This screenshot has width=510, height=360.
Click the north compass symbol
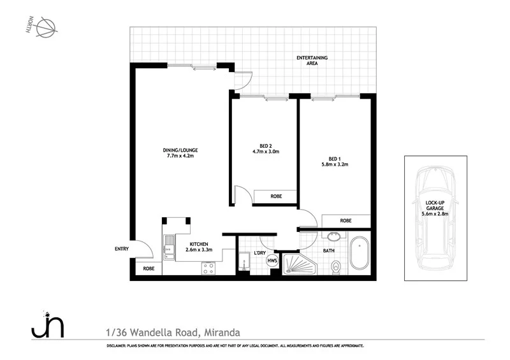[x=47, y=28]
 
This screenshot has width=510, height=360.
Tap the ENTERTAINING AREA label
[x=312, y=61]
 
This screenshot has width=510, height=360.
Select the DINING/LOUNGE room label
[x=180, y=153]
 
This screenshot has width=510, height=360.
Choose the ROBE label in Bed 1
[x=346, y=220]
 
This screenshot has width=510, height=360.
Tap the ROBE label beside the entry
[x=149, y=269]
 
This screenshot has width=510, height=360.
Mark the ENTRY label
[x=122, y=249]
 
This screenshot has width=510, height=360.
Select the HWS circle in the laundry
[x=272, y=260]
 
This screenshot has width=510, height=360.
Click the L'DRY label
[x=259, y=253]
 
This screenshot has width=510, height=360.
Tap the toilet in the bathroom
[x=337, y=266]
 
